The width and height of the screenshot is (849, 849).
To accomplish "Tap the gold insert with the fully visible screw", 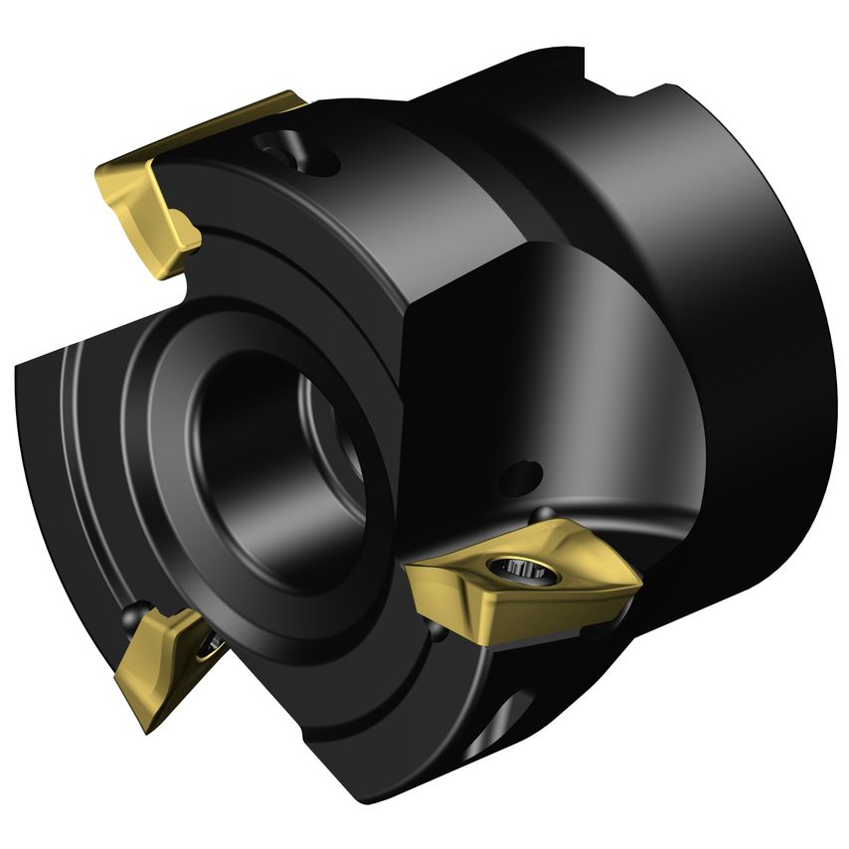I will click(517, 587).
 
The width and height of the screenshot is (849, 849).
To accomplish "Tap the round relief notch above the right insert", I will click(543, 513).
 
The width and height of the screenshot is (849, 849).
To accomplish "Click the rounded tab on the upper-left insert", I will click(185, 231).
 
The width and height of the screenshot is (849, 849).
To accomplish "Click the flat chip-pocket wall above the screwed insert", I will click(467, 398).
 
